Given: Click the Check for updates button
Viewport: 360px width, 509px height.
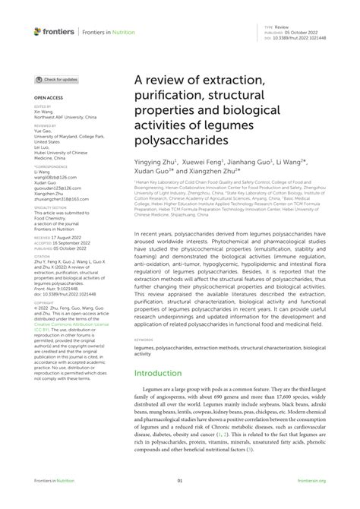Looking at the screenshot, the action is pyautogui.click(x=57, y=79).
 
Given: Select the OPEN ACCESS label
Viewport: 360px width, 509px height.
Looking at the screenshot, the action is pyautogui.click(x=48, y=97).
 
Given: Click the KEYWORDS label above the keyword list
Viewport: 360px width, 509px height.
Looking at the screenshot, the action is pyautogui.click(x=144, y=340).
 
